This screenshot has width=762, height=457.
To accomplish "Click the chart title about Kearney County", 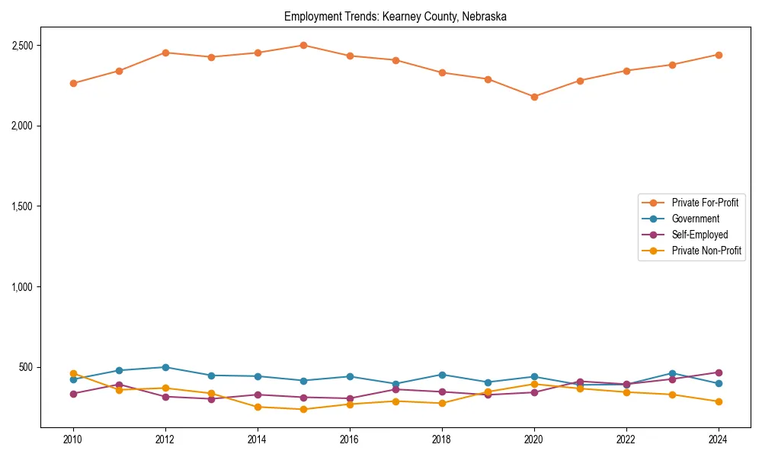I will [x=395, y=16].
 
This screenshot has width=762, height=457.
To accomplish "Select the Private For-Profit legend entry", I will [x=700, y=203].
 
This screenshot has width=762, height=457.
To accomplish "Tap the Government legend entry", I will [x=695, y=219].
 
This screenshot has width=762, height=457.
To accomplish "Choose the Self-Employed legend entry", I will [x=700, y=235].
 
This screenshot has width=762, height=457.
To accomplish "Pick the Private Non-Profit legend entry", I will [x=706, y=251].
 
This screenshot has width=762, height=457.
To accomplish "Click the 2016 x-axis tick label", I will [x=350, y=439].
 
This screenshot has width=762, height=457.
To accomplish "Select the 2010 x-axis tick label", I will [x=73, y=439].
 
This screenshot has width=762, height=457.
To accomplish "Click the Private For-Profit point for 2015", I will [x=303, y=45].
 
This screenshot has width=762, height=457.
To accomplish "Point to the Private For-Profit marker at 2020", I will [x=534, y=97].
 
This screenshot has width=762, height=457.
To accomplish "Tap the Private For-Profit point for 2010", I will [x=73, y=83].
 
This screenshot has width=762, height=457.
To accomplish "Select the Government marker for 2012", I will [x=165, y=367].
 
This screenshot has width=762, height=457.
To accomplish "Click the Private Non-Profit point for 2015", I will [x=303, y=409].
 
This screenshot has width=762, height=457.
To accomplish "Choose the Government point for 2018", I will [x=442, y=375].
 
